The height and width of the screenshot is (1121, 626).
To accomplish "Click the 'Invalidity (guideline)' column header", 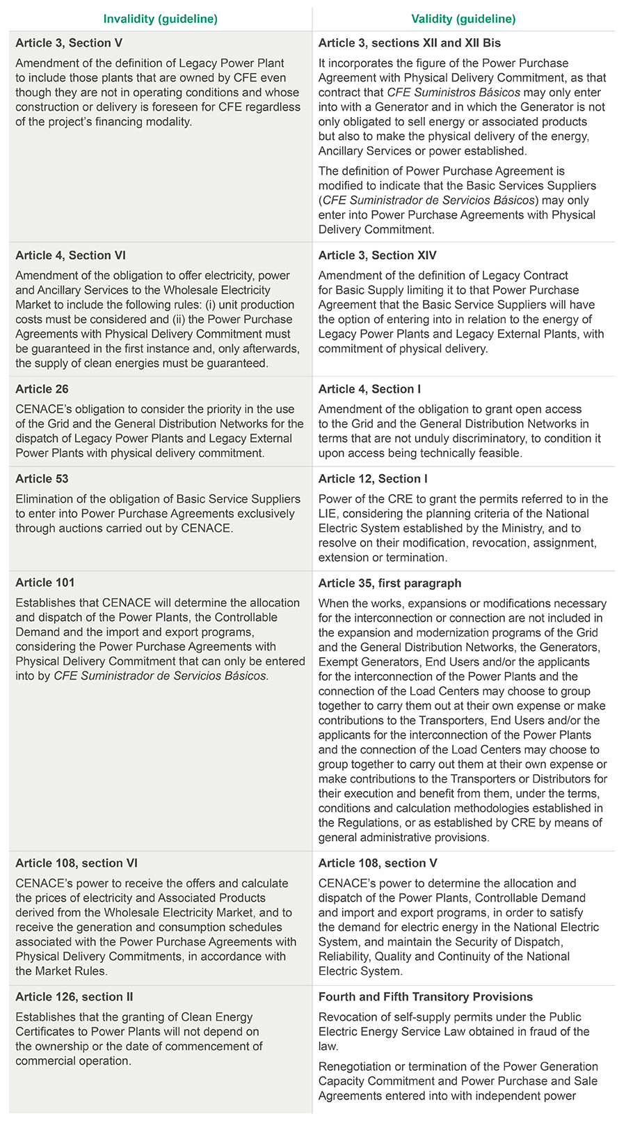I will coord(160,19).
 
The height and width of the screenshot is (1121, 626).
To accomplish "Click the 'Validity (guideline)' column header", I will coord(463,19).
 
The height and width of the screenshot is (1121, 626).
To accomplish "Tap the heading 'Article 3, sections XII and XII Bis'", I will coord(410,43).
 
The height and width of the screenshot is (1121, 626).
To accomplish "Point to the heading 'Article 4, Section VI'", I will coord(71,256).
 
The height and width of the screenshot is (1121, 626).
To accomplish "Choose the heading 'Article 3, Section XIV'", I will coord(378,256).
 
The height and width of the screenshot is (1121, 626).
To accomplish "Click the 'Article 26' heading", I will coord(42,389).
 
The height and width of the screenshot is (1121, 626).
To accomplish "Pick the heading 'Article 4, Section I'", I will coord(369,389).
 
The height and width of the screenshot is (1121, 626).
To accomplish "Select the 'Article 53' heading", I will coord(42,479).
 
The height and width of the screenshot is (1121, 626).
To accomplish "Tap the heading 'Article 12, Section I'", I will coord(373,479).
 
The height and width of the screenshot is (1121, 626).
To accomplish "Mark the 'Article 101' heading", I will coord(45,583).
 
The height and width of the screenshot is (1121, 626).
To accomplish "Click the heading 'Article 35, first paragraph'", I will coord(390,583).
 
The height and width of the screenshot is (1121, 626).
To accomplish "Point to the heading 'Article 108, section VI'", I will coord(77,863).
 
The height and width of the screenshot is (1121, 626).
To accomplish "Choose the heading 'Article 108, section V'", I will coord(378,863).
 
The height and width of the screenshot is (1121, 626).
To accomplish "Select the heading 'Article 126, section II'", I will coord(74,997).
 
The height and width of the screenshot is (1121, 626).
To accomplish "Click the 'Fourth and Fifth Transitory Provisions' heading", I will coord(426,997).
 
